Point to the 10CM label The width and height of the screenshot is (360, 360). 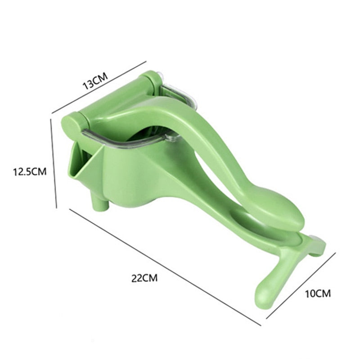coord(317,294)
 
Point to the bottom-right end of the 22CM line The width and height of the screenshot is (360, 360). coord(260,324)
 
